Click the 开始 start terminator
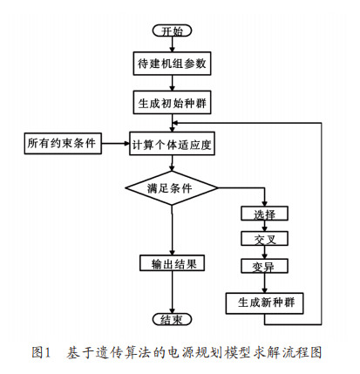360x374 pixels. (x=172, y=31)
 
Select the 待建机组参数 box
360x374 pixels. (x=172, y=64)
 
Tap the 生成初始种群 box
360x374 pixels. (x=172, y=102)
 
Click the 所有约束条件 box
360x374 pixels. (x=63, y=143)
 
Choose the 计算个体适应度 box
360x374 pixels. (x=172, y=144)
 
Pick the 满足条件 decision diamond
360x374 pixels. (x=172, y=188)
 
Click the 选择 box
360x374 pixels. (x=264, y=214)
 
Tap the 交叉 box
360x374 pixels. (x=264, y=239)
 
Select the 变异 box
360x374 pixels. (x=264, y=266)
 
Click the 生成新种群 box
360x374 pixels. (x=264, y=303)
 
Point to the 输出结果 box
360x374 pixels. (x=172, y=263)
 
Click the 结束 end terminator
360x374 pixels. (x=172, y=319)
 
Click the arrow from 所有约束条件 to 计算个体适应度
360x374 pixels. (x=115, y=143)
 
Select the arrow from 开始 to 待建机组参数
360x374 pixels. (x=172, y=44)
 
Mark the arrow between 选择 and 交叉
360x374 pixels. (x=264, y=226)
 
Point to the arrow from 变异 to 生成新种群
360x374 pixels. (x=264, y=283)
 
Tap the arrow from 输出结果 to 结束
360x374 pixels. (x=172, y=292)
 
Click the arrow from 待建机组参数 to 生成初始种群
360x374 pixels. (x=172, y=83)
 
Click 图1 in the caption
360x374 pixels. (x=41, y=352)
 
